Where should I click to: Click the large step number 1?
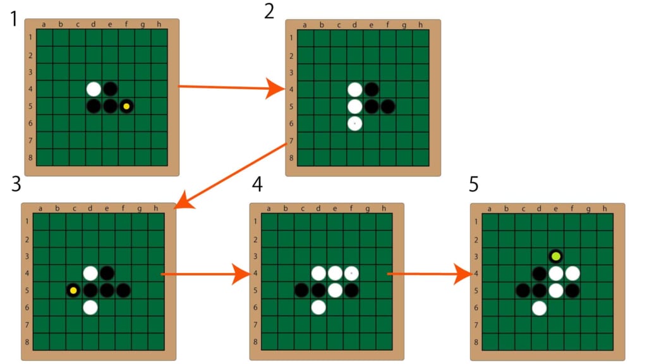pos(13,19)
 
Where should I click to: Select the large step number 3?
pos(16,185)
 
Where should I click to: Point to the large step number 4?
pos(257,185)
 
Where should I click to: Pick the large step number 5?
pos(475,185)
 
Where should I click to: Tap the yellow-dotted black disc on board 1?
pos(126,106)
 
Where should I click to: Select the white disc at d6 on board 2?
pos(355,123)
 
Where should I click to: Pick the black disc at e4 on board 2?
pos(372,90)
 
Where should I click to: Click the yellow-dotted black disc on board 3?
pos(73,291)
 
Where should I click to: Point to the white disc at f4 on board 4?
pos(351,274)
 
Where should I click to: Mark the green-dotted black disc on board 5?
pos(555,257)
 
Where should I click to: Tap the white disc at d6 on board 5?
pos(539,308)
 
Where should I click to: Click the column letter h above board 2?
pos(421,25)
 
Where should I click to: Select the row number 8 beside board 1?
pos(30,158)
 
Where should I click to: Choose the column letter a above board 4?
pos(269,209)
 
